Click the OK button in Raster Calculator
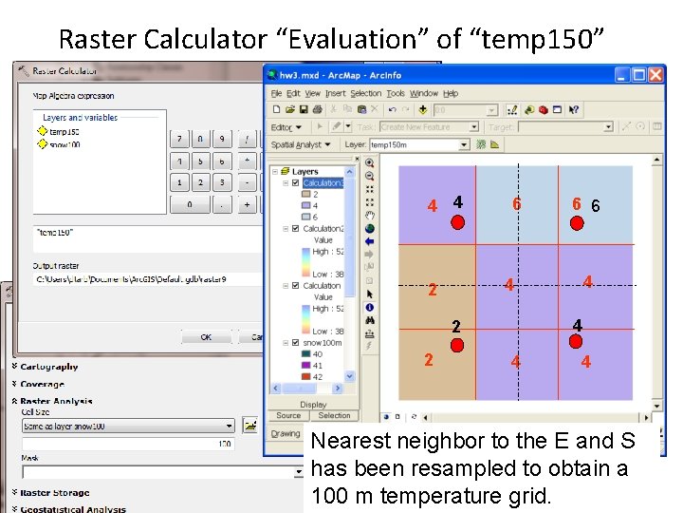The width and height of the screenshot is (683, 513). tap(205, 337)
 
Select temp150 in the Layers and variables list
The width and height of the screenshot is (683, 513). tap(64, 132)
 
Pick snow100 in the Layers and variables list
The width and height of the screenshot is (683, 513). tap(64, 144)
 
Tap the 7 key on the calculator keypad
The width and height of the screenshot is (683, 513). tap(179, 139)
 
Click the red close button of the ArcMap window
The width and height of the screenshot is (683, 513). tap(655, 75)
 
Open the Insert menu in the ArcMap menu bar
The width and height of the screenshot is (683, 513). tap(336, 94)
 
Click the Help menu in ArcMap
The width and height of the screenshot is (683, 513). tap(451, 94)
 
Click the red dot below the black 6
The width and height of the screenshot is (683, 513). tap(576, 223)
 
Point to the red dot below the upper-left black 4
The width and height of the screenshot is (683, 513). tap(457, 223)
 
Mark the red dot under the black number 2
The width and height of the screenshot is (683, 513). tap(457, 345)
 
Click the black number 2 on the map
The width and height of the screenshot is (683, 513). tap(456, 327)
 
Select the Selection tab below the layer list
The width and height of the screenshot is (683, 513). tap(334, 415)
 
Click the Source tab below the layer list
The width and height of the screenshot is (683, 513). tap(288, 415)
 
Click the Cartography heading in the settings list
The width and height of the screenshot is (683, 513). tap(49, 367)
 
